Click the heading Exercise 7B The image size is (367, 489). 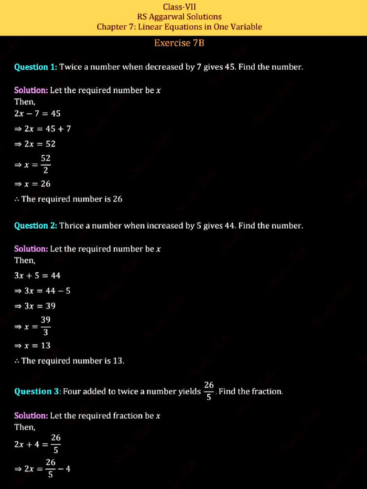tap(179, 43)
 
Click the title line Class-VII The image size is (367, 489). tap(179, 7)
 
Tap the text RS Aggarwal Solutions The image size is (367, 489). tap(179, 17)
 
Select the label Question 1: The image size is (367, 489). tap(36, 67)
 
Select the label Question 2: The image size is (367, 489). tap(36, 225)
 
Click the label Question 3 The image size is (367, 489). tap(36, 392)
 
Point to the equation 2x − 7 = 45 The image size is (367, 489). tap(37, 114)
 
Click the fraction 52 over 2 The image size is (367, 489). tap(45, 164)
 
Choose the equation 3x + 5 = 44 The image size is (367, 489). tap(37, 276)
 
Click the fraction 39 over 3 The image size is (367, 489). tap(45, 326)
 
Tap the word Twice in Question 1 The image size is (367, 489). tap(71, 67)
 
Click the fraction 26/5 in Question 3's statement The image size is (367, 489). tap(209, 391)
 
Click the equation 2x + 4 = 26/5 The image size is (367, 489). tap(37, 444)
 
